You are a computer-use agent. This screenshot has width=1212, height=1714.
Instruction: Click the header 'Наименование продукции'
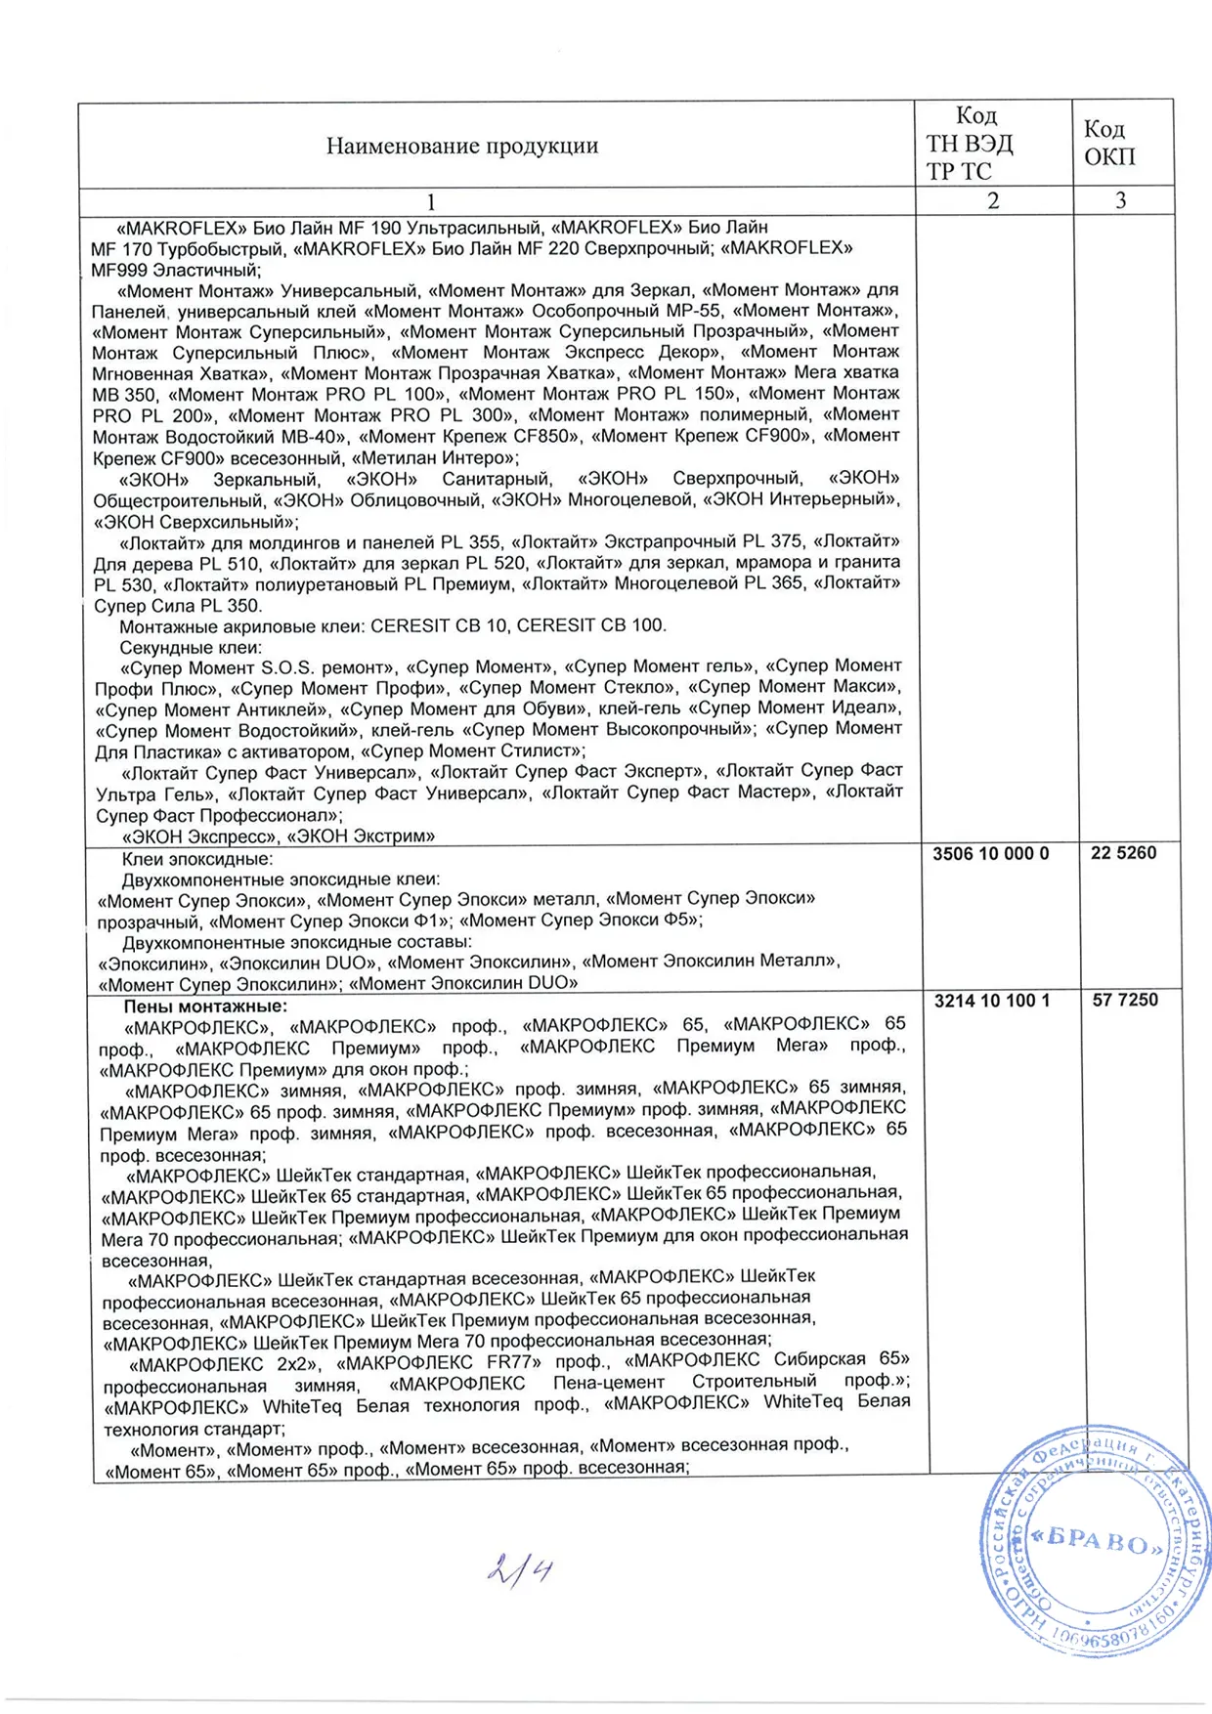click(461, 147)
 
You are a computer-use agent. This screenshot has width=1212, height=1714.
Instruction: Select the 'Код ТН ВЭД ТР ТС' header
click(970, 144)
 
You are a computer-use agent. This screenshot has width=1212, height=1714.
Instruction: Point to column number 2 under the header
click(993, 201)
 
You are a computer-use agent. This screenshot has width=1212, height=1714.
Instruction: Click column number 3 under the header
click(1121, 201)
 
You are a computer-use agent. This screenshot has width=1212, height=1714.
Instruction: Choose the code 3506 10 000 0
click(990, 854)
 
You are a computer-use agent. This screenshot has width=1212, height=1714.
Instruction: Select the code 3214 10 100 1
click(992, 1001)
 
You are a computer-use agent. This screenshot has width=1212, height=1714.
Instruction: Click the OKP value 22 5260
click(1123, 853)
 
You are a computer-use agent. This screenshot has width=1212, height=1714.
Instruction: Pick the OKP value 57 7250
click(1125, 1001)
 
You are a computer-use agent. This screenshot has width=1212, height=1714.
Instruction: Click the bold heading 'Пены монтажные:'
click(205, 1007)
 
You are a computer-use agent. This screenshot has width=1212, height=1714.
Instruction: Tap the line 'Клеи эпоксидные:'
click(197, 860)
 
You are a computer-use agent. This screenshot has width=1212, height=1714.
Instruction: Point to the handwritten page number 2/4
click(519, 1570)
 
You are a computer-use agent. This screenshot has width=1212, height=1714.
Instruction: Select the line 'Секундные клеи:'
click(191, 648)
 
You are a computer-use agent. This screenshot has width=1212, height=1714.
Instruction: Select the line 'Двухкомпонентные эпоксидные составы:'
click(297, 942)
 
